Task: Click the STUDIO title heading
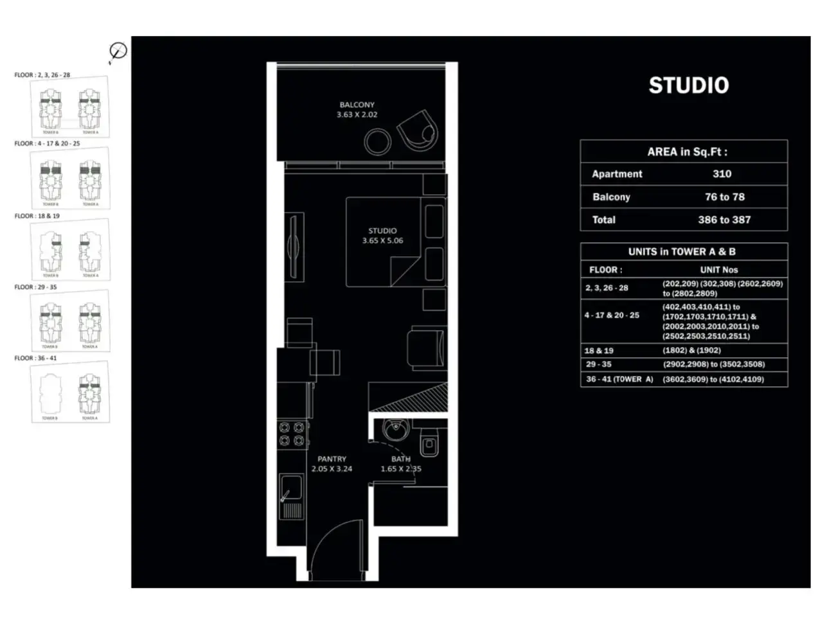(x=688, y=85)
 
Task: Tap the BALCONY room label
(x=357, y=105)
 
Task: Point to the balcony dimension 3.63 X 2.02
(x=357, y=115)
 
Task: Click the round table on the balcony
(x=377, y=141)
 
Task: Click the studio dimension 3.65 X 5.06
(x=382, y=241)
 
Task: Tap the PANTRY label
(x=332, y=459)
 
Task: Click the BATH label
(x=400, y=459)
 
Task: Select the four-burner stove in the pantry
(x=291, y=434)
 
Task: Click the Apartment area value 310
(x=722, y=174)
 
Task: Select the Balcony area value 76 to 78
(x=724, y=197)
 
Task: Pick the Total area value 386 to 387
(x=724, y=220)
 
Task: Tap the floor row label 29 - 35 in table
(x=598, y=364)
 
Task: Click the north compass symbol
(x=118, y=52)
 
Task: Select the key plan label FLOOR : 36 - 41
(x=35, y=359)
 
